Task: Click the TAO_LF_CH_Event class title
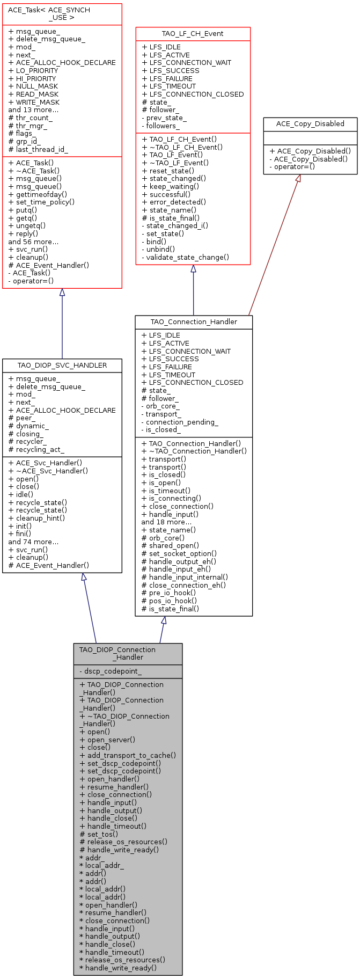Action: click(193, 34)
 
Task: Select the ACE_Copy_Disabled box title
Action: click(310, 123)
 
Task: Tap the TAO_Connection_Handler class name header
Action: click(194, 322)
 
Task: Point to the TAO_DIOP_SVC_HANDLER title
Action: click(62, 365)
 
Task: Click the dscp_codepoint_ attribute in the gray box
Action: click(111, 671)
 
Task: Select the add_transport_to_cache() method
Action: click(128, 755)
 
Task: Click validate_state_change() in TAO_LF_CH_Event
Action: click(185, 257)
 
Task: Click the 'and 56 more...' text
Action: click(33, 242)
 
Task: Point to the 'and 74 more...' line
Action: click(33, 542)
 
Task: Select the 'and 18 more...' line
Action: click(166, 522)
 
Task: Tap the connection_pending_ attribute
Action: click(180, 422)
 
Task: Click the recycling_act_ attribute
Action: click(36, 449)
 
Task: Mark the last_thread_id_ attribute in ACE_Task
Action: click(38, 149)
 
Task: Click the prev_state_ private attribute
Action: click(164, 118)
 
